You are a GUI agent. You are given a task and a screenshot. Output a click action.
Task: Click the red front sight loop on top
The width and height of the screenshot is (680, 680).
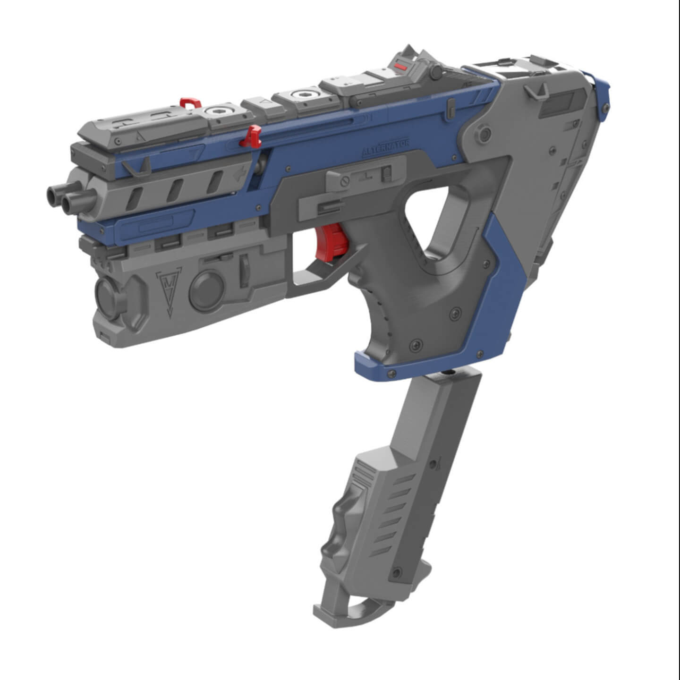(191, 102)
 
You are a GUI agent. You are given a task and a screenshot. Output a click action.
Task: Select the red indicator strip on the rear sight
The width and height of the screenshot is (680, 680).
(401, 68)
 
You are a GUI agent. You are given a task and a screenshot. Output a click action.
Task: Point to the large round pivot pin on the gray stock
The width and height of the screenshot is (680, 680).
(484, 134)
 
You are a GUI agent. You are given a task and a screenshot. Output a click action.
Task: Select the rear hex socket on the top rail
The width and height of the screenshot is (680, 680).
(299, 94)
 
